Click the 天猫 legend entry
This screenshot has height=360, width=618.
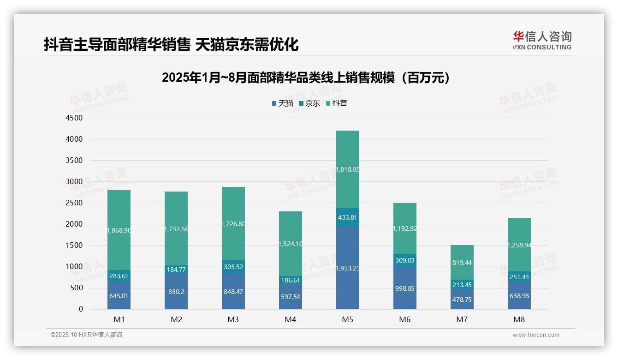point(283,103)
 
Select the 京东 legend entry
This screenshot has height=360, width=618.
point(309,103)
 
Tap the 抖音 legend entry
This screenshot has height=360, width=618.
point(337,103)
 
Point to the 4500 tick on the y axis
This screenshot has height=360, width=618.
point(74,118)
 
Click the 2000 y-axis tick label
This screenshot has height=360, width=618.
point(74,224)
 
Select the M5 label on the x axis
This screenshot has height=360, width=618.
point(347,319)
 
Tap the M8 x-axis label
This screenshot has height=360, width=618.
point(519,319)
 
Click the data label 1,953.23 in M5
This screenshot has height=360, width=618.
point(347,268)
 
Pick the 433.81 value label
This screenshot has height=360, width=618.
point(347,217)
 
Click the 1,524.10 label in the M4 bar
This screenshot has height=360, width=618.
point(290,244)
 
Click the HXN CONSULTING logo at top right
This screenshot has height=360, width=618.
point(542,41)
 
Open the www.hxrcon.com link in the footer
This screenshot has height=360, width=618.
point(536,335)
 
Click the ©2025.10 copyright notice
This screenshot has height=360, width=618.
point(86,335)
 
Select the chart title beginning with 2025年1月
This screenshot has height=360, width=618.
point(306,78)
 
